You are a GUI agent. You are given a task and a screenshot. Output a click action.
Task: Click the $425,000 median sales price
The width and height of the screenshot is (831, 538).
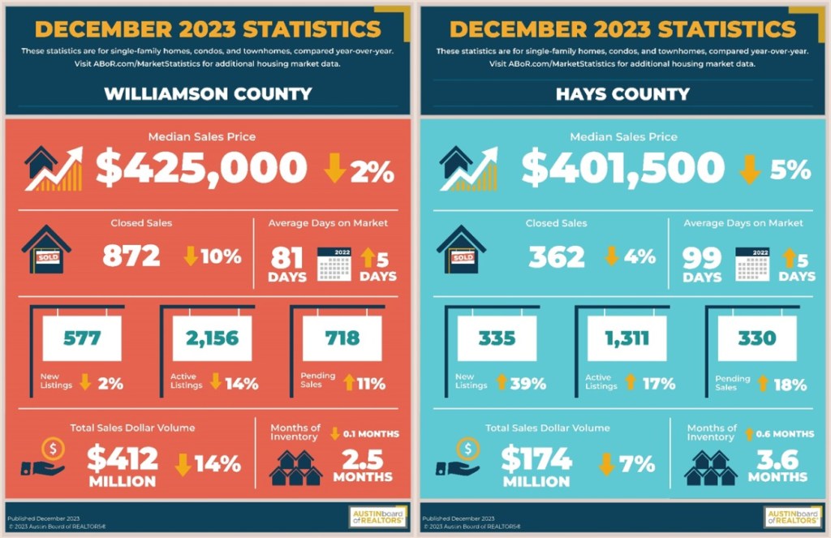coord(201,169)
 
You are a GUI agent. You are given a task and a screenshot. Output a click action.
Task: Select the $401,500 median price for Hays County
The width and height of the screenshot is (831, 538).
coord(622,169)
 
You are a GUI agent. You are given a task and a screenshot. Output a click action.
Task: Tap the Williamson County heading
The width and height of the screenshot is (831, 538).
coord(208,93)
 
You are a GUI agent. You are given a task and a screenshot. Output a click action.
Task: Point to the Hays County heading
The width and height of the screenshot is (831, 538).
coord(622,93)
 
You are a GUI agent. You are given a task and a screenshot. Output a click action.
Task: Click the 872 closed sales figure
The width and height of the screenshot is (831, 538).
coord(131,256)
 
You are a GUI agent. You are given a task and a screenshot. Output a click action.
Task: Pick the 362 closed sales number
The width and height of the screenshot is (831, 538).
coord(557,256)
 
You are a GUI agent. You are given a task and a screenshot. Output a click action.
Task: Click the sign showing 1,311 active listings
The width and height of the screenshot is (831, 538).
coord(626,338)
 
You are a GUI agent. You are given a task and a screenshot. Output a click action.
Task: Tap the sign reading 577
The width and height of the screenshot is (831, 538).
coord(81,338)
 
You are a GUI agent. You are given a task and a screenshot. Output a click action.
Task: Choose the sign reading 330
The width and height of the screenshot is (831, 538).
coord(756,338)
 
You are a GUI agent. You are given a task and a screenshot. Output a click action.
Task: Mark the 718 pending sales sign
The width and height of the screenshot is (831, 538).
coord(341,338)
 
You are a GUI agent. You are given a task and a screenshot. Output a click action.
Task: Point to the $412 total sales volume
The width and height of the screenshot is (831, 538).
coord(123,460)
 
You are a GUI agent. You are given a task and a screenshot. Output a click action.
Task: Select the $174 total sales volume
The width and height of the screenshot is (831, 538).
coord(536,460)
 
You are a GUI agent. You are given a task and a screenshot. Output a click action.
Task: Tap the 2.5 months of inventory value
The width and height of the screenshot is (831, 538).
coord(362,459)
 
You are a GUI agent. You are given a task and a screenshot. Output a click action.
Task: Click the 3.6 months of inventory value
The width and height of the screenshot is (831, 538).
coord(777,459)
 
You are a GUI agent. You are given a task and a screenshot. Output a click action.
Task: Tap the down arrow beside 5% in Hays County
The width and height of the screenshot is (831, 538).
coord(751,169)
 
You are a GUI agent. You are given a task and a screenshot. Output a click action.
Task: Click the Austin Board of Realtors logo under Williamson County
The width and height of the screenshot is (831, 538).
coord(377,517)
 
